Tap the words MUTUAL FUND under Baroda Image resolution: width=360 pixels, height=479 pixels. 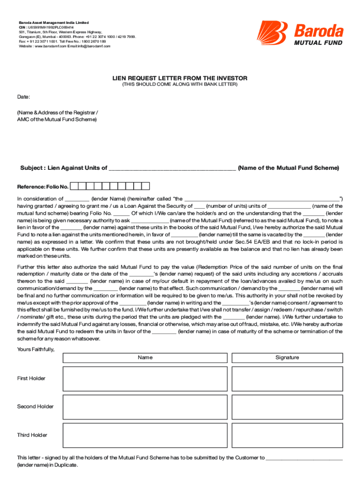click(x=318, y=43)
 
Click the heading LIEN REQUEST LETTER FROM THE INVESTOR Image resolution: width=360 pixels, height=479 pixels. click(x=180, y=78)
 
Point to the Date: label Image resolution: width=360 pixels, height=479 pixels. click(x=24, y=97)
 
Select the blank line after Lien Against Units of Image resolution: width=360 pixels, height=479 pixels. click(x=172, y=168)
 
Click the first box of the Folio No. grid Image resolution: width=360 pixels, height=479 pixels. click(x=75, y=186)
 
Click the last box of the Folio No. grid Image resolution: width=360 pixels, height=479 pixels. click(x=145, y=186)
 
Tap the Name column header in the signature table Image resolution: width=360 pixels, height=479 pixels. click(x=145, y=357)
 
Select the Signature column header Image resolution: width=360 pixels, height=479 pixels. click(x=287, y=357)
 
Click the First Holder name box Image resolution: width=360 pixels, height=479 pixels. click(x=145, y=378)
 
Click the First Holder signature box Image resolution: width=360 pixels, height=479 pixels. click(x=287, y=378)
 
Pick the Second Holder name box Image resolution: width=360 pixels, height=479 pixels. click(x=145, y=406)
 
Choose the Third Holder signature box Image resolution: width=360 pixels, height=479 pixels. click(x=287, y=435)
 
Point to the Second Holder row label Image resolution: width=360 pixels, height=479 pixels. click(x=36, y=406)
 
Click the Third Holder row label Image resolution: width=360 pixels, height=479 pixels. click(x=32, y=435)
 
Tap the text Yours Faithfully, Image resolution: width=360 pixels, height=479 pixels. click(x=36, y=349)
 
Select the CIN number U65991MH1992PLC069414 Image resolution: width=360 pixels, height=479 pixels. click(x=51, y=28)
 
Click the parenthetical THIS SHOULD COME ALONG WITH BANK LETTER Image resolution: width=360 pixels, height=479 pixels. click(x=180, y=85)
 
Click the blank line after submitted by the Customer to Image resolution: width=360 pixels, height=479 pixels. click(x=304, y=458)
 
